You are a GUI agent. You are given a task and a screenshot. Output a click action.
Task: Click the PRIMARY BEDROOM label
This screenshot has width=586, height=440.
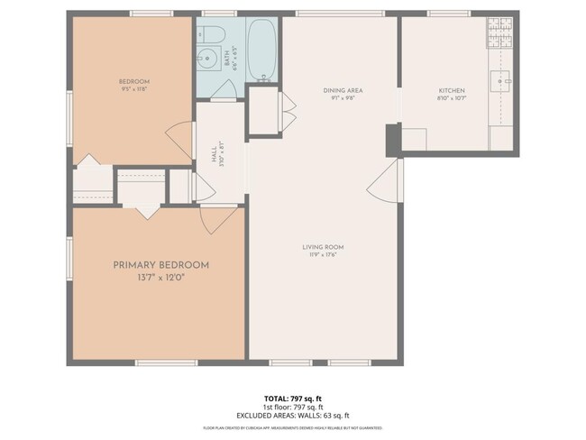point(160,265)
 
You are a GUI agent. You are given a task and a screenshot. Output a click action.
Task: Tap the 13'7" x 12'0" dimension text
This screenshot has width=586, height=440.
point(160,278)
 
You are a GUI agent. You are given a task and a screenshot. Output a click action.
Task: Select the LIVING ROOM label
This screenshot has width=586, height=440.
point(323,247)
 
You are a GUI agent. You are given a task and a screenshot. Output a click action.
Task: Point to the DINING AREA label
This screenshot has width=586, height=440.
point(342,90)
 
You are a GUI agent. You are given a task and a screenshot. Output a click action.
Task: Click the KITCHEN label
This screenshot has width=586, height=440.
point(451,90)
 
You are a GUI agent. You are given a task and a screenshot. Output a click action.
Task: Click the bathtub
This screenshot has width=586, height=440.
point(263,50)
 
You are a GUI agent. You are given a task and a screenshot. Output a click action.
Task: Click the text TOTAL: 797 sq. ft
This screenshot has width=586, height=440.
point(292,397)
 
